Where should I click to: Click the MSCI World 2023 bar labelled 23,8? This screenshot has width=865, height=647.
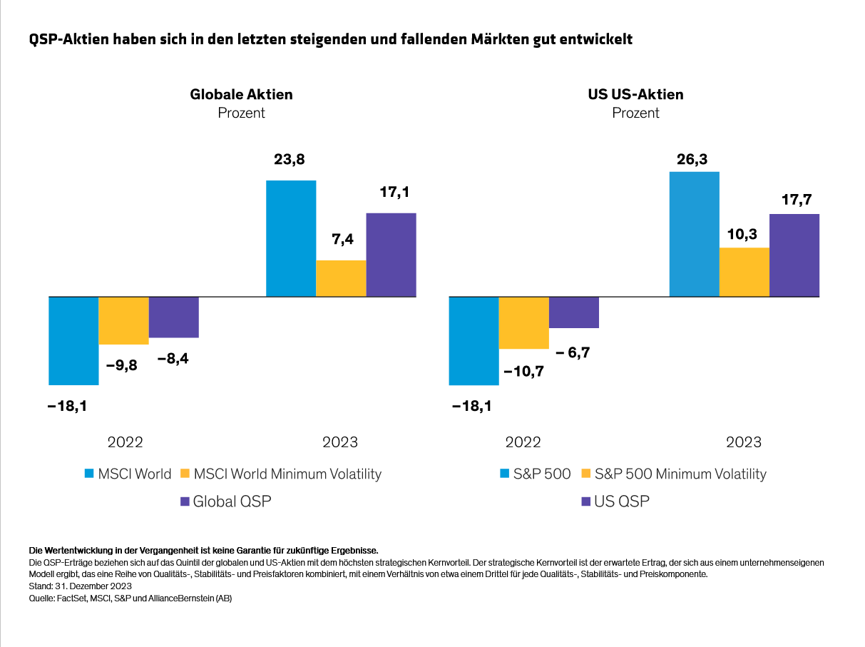click(x=291, y=238)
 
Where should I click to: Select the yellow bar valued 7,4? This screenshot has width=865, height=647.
click(x=341, y=278)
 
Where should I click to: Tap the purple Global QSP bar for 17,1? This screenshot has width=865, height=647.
click(x=391, y=255)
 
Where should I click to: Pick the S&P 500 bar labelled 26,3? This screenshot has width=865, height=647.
click(x=695, y=234)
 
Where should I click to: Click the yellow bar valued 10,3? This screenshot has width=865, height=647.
click(x=744, y=272)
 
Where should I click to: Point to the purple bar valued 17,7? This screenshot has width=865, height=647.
click(x=794, y=255)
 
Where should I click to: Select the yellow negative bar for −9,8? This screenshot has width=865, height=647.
click(x=123, y=320)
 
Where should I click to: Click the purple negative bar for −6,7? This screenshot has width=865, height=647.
click(x=574, y=312)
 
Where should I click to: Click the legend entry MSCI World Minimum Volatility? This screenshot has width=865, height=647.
click(x=287, y=474)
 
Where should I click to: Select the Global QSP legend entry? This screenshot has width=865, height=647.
click(x=232, y=501)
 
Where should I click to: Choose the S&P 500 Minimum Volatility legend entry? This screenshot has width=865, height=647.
click(x=680, y=474)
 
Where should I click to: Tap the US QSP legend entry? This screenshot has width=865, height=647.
click(x=622, y=501)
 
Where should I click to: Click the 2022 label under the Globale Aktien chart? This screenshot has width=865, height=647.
click(x=126, y=442)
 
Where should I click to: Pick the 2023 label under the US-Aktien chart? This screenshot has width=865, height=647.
click(x=744, y=442)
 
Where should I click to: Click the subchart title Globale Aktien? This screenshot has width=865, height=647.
click(x=241, y=95)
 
